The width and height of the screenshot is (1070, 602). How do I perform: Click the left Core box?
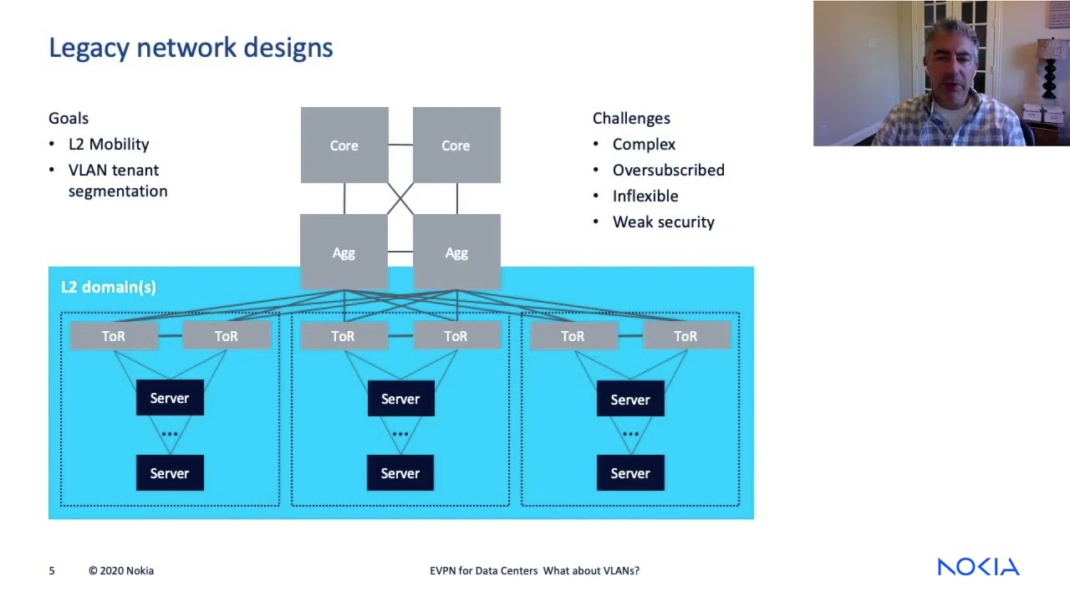[344, 145]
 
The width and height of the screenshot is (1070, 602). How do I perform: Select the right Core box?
[456, 145]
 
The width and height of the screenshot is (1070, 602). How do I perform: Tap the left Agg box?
[344, 252]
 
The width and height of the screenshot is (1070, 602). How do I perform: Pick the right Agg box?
[456, 252]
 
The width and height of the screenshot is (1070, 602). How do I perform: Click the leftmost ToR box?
[114, 336]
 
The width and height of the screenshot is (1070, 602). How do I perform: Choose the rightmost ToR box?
[685, 336]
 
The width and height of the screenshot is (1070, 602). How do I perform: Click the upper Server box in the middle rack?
[400, 399]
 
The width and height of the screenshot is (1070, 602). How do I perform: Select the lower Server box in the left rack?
[170, 473]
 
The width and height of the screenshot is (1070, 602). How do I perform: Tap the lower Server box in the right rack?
[630, 473]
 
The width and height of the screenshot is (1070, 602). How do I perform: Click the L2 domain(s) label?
[109, 287]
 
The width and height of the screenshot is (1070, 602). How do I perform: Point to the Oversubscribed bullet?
[668, 170]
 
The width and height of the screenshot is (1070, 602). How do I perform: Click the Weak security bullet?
[663, 222]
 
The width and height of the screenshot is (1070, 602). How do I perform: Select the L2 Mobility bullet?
[109, 144]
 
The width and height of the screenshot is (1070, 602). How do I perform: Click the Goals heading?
[69, 118]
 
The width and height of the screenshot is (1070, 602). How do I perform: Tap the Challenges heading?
[631, 118]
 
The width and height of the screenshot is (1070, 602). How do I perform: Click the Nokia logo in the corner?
[978, 567]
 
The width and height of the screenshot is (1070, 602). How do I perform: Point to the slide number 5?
[52, 570]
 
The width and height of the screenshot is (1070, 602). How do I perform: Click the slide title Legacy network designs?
[191, 48]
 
